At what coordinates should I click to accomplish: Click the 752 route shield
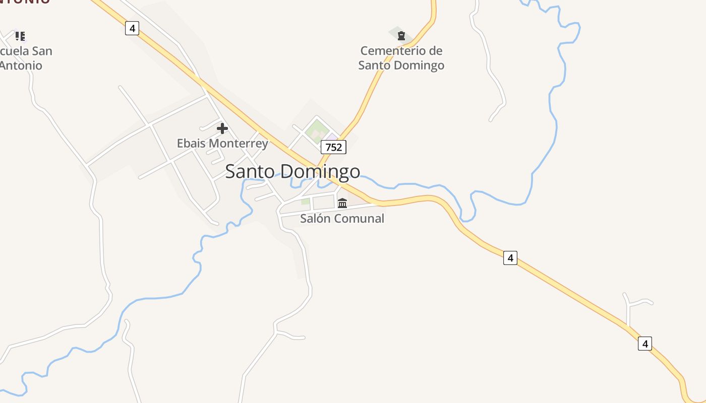pyautogui.click(x=333, y=147)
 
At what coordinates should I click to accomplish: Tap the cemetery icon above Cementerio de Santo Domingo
pyautogui.click(x=401, y=36)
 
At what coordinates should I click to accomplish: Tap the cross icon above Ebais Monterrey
pyautogui.click(x=222, y=128)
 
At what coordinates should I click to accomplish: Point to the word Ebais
pyautogui.click(x=191, y=143)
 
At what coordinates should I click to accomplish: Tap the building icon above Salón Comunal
pyautogui.click(x=342, y=203)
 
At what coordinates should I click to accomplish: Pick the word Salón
pyautogui.click(x=315, y=219)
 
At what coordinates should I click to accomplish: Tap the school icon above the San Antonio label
pyautogui.click(x=20, y=36)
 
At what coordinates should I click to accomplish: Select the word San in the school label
pyautogui.click(x=42, y=51)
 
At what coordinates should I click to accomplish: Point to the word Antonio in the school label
pyautogui.click(x=21, y=65)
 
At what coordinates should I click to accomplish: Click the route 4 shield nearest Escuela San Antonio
pyautogui.click(x=132, y=28)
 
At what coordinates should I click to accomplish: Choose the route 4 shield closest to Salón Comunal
pyautogui.click(x=510, y=258)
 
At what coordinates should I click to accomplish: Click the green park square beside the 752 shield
pyautogui.click(x=317, y=129)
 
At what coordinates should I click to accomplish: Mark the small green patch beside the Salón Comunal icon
pyautogui.click(x=306, y=201)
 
